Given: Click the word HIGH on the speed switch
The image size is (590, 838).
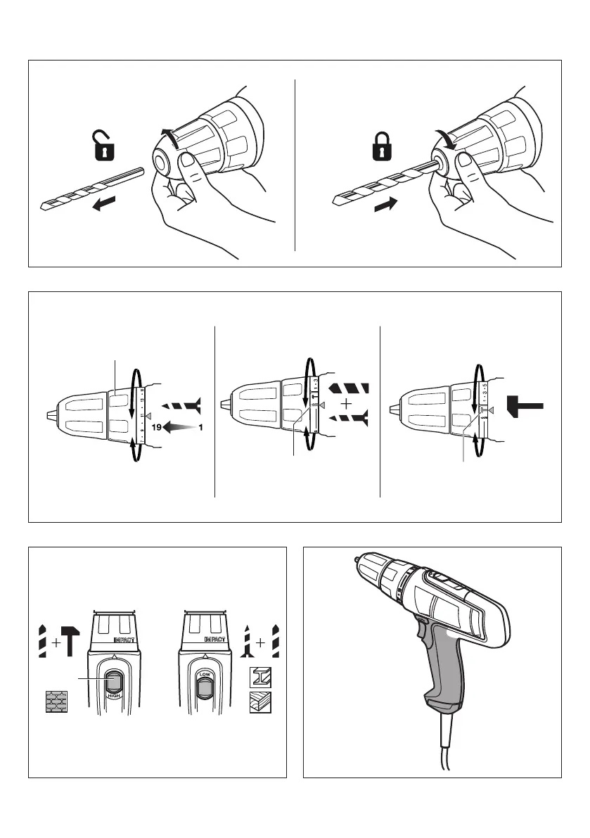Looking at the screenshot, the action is [x=111, y=694].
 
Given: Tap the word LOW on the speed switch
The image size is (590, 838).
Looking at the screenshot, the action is [x=205, y=673].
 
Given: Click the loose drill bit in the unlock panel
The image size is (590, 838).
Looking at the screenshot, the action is [x=91, y=188].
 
